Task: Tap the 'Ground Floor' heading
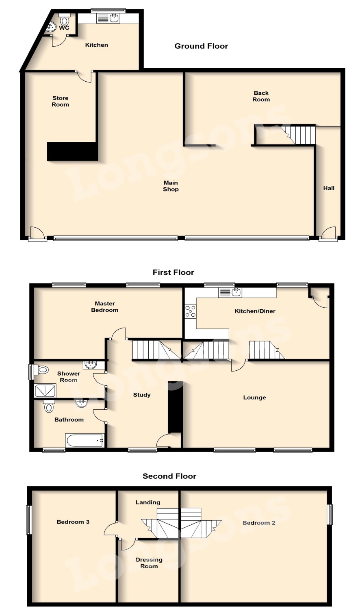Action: (201, 46)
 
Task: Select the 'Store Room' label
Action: (61, 101)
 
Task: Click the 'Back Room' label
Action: (261, 96)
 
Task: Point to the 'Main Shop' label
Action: (171, 186)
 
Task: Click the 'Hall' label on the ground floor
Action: (329, 188)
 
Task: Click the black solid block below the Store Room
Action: (72, 151)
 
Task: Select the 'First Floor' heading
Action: (173, 272)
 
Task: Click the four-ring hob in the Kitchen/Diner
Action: (191, 311)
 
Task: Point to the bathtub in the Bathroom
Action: (84, 441)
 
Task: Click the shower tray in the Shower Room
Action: (45, 391)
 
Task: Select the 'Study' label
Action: (142, 395)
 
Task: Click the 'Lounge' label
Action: (254, 398)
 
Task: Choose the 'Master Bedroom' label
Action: (105, 307)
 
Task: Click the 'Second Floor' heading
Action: (169, 476)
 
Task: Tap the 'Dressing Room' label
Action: (149, 563)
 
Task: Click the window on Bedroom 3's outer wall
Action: (28, 520)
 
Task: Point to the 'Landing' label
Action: (148, 502)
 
